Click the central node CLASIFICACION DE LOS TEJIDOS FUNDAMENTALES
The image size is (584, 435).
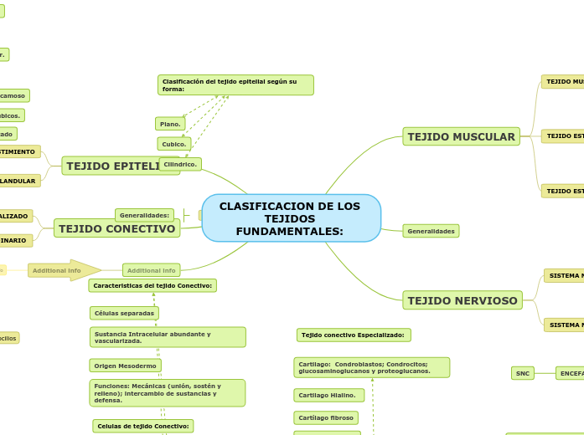point(291,218)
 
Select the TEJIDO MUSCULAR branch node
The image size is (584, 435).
point(461,136)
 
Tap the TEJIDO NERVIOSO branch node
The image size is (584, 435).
point(463,300)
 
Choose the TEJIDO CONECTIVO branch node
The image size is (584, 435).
point(117,228)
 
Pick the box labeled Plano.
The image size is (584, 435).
point(170,124)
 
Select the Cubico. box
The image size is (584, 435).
point(174,144)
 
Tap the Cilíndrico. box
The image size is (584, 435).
point(180,164)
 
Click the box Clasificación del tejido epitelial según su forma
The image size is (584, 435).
point(235,85)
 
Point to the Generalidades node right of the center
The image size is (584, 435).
point(431,231)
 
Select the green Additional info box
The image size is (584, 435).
point(151,270)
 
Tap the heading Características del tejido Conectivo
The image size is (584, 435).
point(152,285)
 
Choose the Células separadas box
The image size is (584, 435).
point(124,313)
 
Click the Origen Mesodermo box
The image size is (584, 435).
point(125,366)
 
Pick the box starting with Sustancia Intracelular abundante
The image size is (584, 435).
point(168,337)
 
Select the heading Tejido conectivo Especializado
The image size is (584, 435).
point(354,335)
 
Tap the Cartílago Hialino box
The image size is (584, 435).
point(328,395)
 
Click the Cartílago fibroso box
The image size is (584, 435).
point(326,417)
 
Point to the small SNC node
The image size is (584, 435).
point(523,373)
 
